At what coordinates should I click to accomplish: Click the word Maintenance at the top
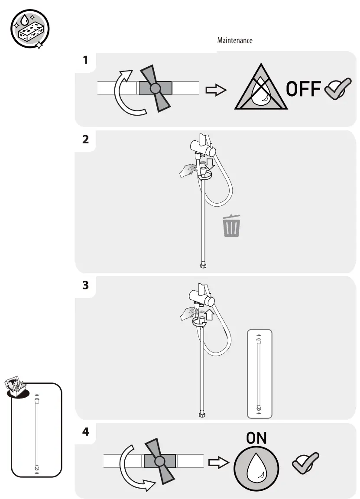(x=234, y=40)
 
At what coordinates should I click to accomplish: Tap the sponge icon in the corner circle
(x=29, y=30)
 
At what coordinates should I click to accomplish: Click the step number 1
(x=85, y=60)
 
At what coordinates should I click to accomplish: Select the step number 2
(x=85, y=139)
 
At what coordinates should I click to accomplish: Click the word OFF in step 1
(x=303, y=89)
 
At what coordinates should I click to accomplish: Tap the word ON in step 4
(x=256, y=438)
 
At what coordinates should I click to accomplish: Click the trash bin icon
(x=232, y=226)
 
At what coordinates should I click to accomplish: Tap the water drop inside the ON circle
(x=256, y=468)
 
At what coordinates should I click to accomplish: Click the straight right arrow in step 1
(x=216, y=90)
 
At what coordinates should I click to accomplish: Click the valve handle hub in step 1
(x=155, y=88)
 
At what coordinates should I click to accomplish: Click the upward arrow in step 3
(x=210, y=313)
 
